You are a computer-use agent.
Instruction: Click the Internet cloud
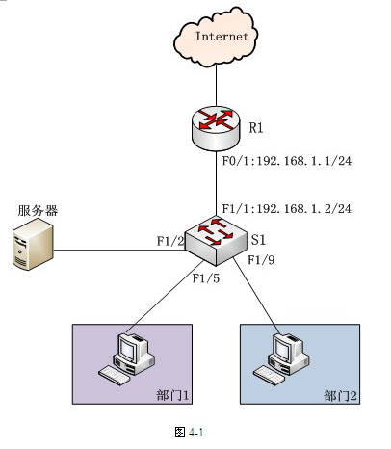click(x=216, y=37)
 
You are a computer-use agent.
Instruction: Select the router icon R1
click(x=216, y=128)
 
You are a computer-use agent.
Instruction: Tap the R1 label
click(x=256, y=128)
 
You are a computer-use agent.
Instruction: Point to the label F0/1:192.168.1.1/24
click(x=287, y=161)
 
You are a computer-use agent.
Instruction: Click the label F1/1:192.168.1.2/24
click(x=287, y=209)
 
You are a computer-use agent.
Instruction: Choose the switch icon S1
click(x=216, y=241)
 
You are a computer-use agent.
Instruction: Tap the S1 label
click(x=258, y=240)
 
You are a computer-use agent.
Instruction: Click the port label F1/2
click(x=170, y=241)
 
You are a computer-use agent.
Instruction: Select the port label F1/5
click(x=206, y=278)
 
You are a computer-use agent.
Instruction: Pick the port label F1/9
click(x=261, y=260)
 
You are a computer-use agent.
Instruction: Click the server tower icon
click(x=33, y=244)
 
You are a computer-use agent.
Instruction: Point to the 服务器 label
click(x=38, y=211)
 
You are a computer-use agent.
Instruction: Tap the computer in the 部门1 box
click(x=127, y=358)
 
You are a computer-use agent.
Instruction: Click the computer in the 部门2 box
click(x=281, y=358)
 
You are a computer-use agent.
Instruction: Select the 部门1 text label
click(x=172, y=395)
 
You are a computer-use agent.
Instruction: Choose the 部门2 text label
click(x=340, y=396)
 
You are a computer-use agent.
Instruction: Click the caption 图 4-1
click(x=189, y=432)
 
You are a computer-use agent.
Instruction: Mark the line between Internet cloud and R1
click(x=216, y=86)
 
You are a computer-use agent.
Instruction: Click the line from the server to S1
click(x=119, y=250)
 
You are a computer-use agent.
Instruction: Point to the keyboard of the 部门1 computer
click(x=115, y=376)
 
